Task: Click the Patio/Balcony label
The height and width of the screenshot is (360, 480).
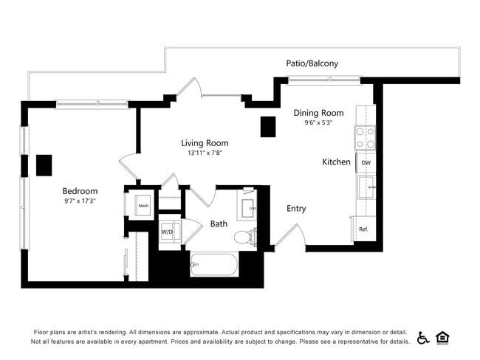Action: tap(312, 63)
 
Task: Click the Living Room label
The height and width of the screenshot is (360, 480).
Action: tap(205, 143)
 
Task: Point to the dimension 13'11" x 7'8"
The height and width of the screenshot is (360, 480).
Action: tap(205, 153)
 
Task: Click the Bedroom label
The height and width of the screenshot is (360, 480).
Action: tap(80, 191)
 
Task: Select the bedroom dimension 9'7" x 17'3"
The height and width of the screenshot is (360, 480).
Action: tap(80, 201)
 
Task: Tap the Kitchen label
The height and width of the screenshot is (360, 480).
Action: tap(336, 162)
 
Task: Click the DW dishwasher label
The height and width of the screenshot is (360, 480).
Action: tap(366, 162)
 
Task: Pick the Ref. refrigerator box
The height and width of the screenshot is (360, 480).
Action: tap(364, 229)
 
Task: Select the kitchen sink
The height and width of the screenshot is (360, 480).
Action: tap(366, 187)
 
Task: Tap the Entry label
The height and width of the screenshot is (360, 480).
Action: tap(296, 209)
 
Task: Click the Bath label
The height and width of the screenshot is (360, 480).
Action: tap(219, 224)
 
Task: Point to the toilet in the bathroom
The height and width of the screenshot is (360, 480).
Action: tap(244, 237)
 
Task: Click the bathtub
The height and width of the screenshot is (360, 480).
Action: tap(213, 263)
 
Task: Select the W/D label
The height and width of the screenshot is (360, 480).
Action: tap(168, 232)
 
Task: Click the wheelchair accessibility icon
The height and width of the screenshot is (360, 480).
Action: tap(423, 337)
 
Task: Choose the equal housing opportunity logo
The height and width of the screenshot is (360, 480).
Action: tap(443, 337)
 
